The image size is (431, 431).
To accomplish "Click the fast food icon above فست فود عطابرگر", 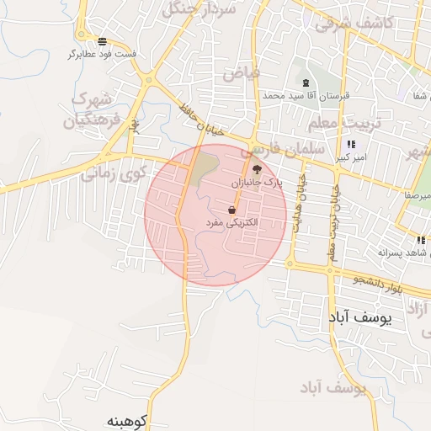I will (x=102, y=40).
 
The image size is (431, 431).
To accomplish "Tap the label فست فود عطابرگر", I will (x=102, y=54).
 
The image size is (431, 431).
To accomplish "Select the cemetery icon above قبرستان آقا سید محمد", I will (x=305, y=82).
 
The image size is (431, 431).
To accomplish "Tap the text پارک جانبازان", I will (x=257, y=182).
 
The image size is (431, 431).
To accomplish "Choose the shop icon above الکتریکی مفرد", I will (x=231, y=210).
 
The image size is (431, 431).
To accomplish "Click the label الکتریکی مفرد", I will (x=231, y=222).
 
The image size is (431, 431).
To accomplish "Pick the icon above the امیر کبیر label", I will (x=351, y=144).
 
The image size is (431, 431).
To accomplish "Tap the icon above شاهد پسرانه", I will (x=421, y=240).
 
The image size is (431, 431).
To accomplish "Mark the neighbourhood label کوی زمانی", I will (x=113, y=173).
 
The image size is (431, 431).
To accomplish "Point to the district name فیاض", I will (x=242, y=73).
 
